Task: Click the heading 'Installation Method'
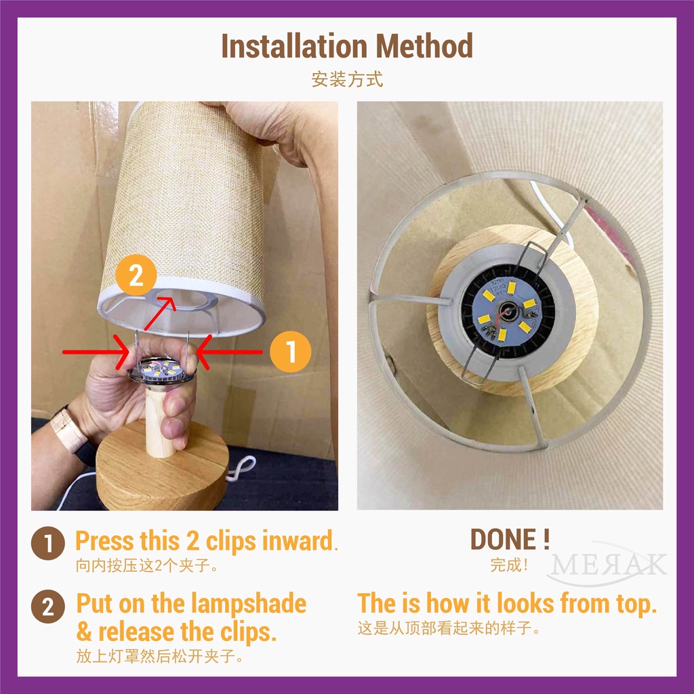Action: tap(347, 46)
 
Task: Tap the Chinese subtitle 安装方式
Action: tap(347, 80)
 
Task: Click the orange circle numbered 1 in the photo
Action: tap(290, 352)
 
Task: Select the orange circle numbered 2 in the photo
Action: tap(136, 275)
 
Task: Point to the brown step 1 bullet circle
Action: tap(48, 543)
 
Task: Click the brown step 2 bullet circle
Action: tap(48, 607)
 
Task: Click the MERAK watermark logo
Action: tap(607, 564)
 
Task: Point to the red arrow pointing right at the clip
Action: tap(96, 352)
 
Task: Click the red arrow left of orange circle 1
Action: tap(229, 352)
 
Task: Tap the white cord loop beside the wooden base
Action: tap(241, 469)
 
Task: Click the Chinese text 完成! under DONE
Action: tap(509, 565)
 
